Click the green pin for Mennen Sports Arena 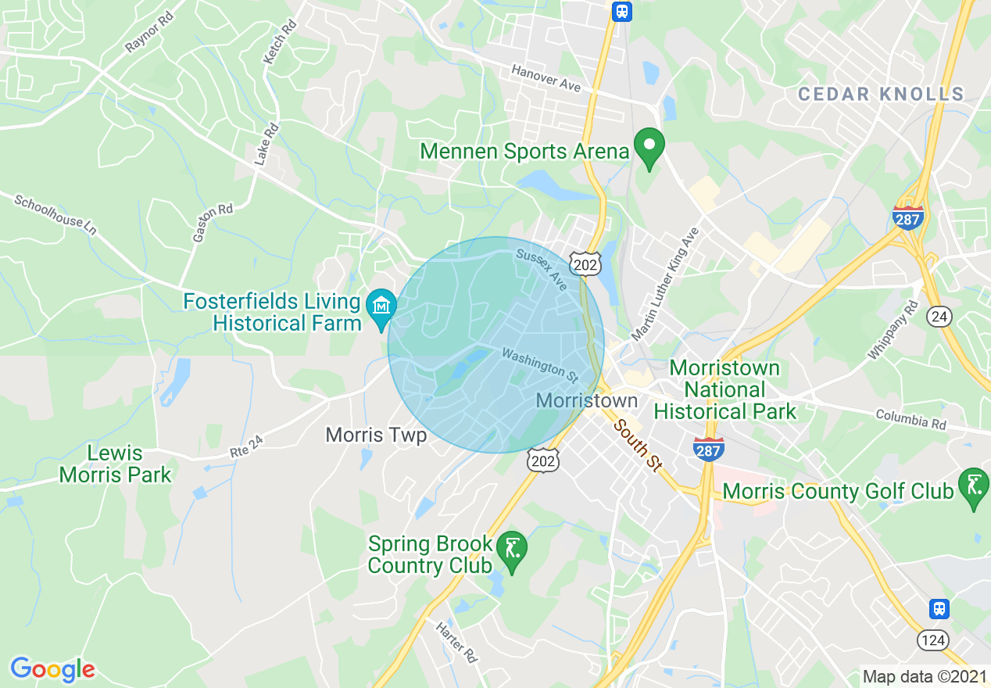(x=648, y=146)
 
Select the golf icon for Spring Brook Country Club (x=512, y=548)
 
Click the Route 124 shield (x=934, y=640)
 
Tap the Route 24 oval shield (x=939, y=316)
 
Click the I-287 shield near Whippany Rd (x=908, y=217)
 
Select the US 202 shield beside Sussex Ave (x=585, y=263)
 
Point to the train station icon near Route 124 (x=939, y=608)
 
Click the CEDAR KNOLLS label (x=881, y=95)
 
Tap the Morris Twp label (x=377, y=435)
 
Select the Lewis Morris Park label (x=116, y=464)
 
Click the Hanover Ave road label (x=546, y=78)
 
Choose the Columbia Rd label (x=911, y=420)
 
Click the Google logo (x=52, y=669)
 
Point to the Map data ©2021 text (x=923, y=676)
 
